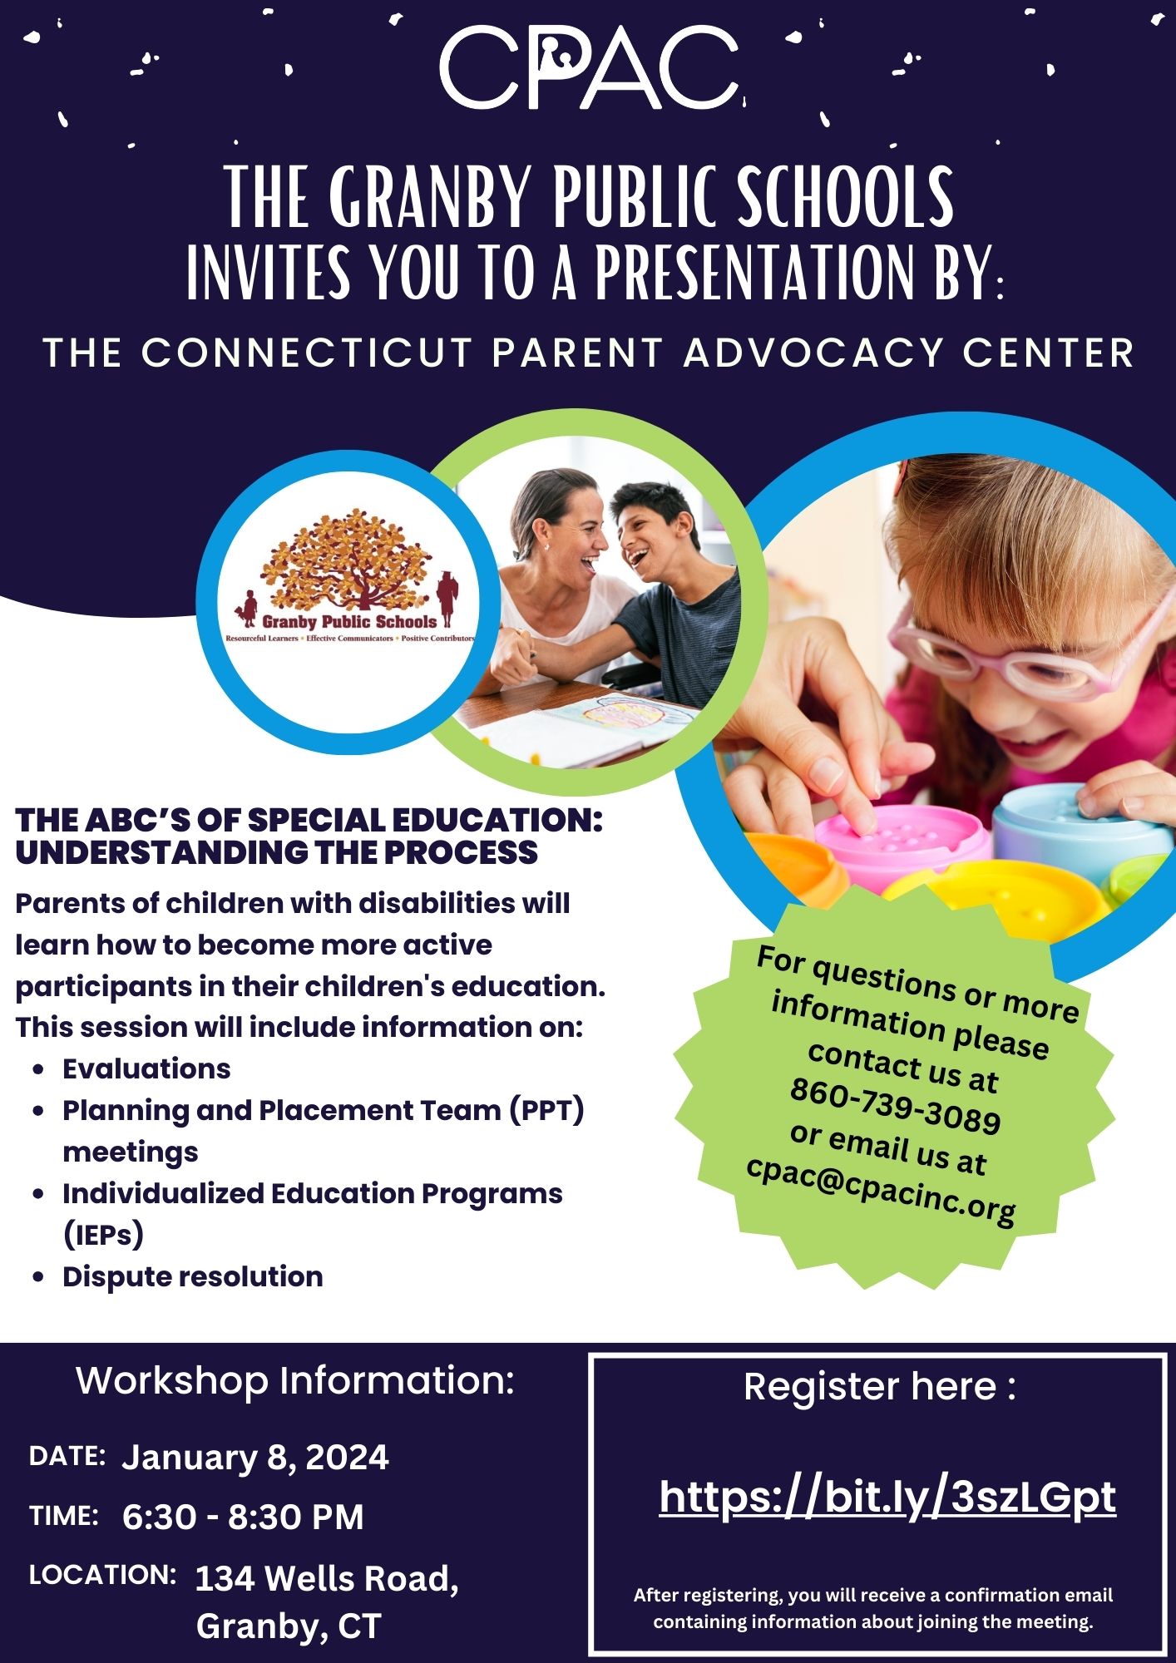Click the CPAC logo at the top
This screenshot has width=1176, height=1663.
click(589, 67)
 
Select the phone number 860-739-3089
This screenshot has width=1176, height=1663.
click(895, 1106)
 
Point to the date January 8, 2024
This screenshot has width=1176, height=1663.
click(255, 1458)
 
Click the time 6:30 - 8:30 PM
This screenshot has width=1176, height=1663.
click(243, 1517)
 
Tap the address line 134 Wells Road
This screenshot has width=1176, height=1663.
click(326, 1578)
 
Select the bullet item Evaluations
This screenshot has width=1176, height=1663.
click(146, 1068)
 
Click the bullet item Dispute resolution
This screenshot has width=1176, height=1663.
click(193, 1276)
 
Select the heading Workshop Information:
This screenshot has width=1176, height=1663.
click(295, 1381)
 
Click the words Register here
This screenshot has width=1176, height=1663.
click(870, 1386)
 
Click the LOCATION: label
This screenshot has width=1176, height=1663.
click(102, 1574)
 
